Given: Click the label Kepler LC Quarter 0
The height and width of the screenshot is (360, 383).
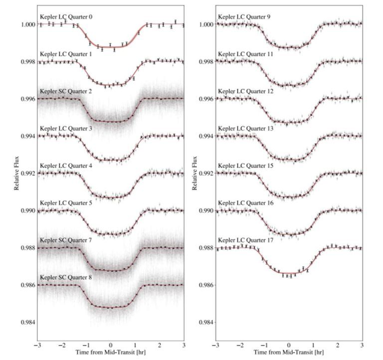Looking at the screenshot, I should pyautogui.click(x=66, y=16).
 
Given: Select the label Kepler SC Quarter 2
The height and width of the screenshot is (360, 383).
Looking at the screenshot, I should pyautogui.click(x=66, y=91).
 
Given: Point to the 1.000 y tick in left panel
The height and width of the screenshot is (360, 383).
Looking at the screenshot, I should pyautogui.click(x=27, y=24).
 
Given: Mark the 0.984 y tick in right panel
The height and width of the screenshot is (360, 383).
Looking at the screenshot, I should pyautogui.click(x=205, y=322).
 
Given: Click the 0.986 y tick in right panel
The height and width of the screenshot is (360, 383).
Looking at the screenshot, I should pyautogui.click(x=205, y=285).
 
